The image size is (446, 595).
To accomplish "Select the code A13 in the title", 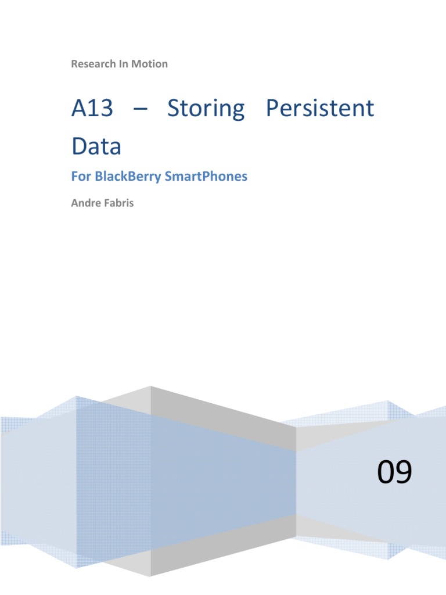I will (x=92, y=109).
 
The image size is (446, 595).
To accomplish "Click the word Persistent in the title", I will (x=320, y=109).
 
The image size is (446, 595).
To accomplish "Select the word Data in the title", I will (x=96, y=146).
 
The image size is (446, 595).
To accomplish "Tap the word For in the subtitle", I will (x=80, y=176).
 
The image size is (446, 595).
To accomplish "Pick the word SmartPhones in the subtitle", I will (x=206, y=176).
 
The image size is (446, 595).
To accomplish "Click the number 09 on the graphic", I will (x=395, y=472).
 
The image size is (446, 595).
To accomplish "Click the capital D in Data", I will (x=80, y=146).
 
